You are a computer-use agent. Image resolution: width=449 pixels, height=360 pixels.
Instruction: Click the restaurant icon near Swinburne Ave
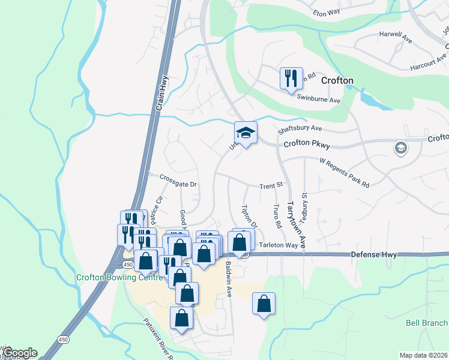coord(291,79)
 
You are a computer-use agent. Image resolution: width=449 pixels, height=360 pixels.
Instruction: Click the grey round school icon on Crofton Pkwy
coord(400,148)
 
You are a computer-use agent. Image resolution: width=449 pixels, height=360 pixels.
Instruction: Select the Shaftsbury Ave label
coord(300,128)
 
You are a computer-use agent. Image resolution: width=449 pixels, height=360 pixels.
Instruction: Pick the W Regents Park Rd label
coord(344,173)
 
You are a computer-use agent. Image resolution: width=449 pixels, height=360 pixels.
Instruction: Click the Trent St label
coord(270,187)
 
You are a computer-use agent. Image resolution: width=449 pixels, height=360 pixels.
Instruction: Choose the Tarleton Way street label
coord(279,245)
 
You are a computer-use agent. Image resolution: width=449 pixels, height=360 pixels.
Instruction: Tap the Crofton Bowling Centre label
coord(119,277)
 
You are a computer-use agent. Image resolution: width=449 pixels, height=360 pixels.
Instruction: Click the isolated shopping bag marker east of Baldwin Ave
coord(264,304)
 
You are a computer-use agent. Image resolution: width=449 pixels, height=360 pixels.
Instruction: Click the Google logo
coord(19,353)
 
